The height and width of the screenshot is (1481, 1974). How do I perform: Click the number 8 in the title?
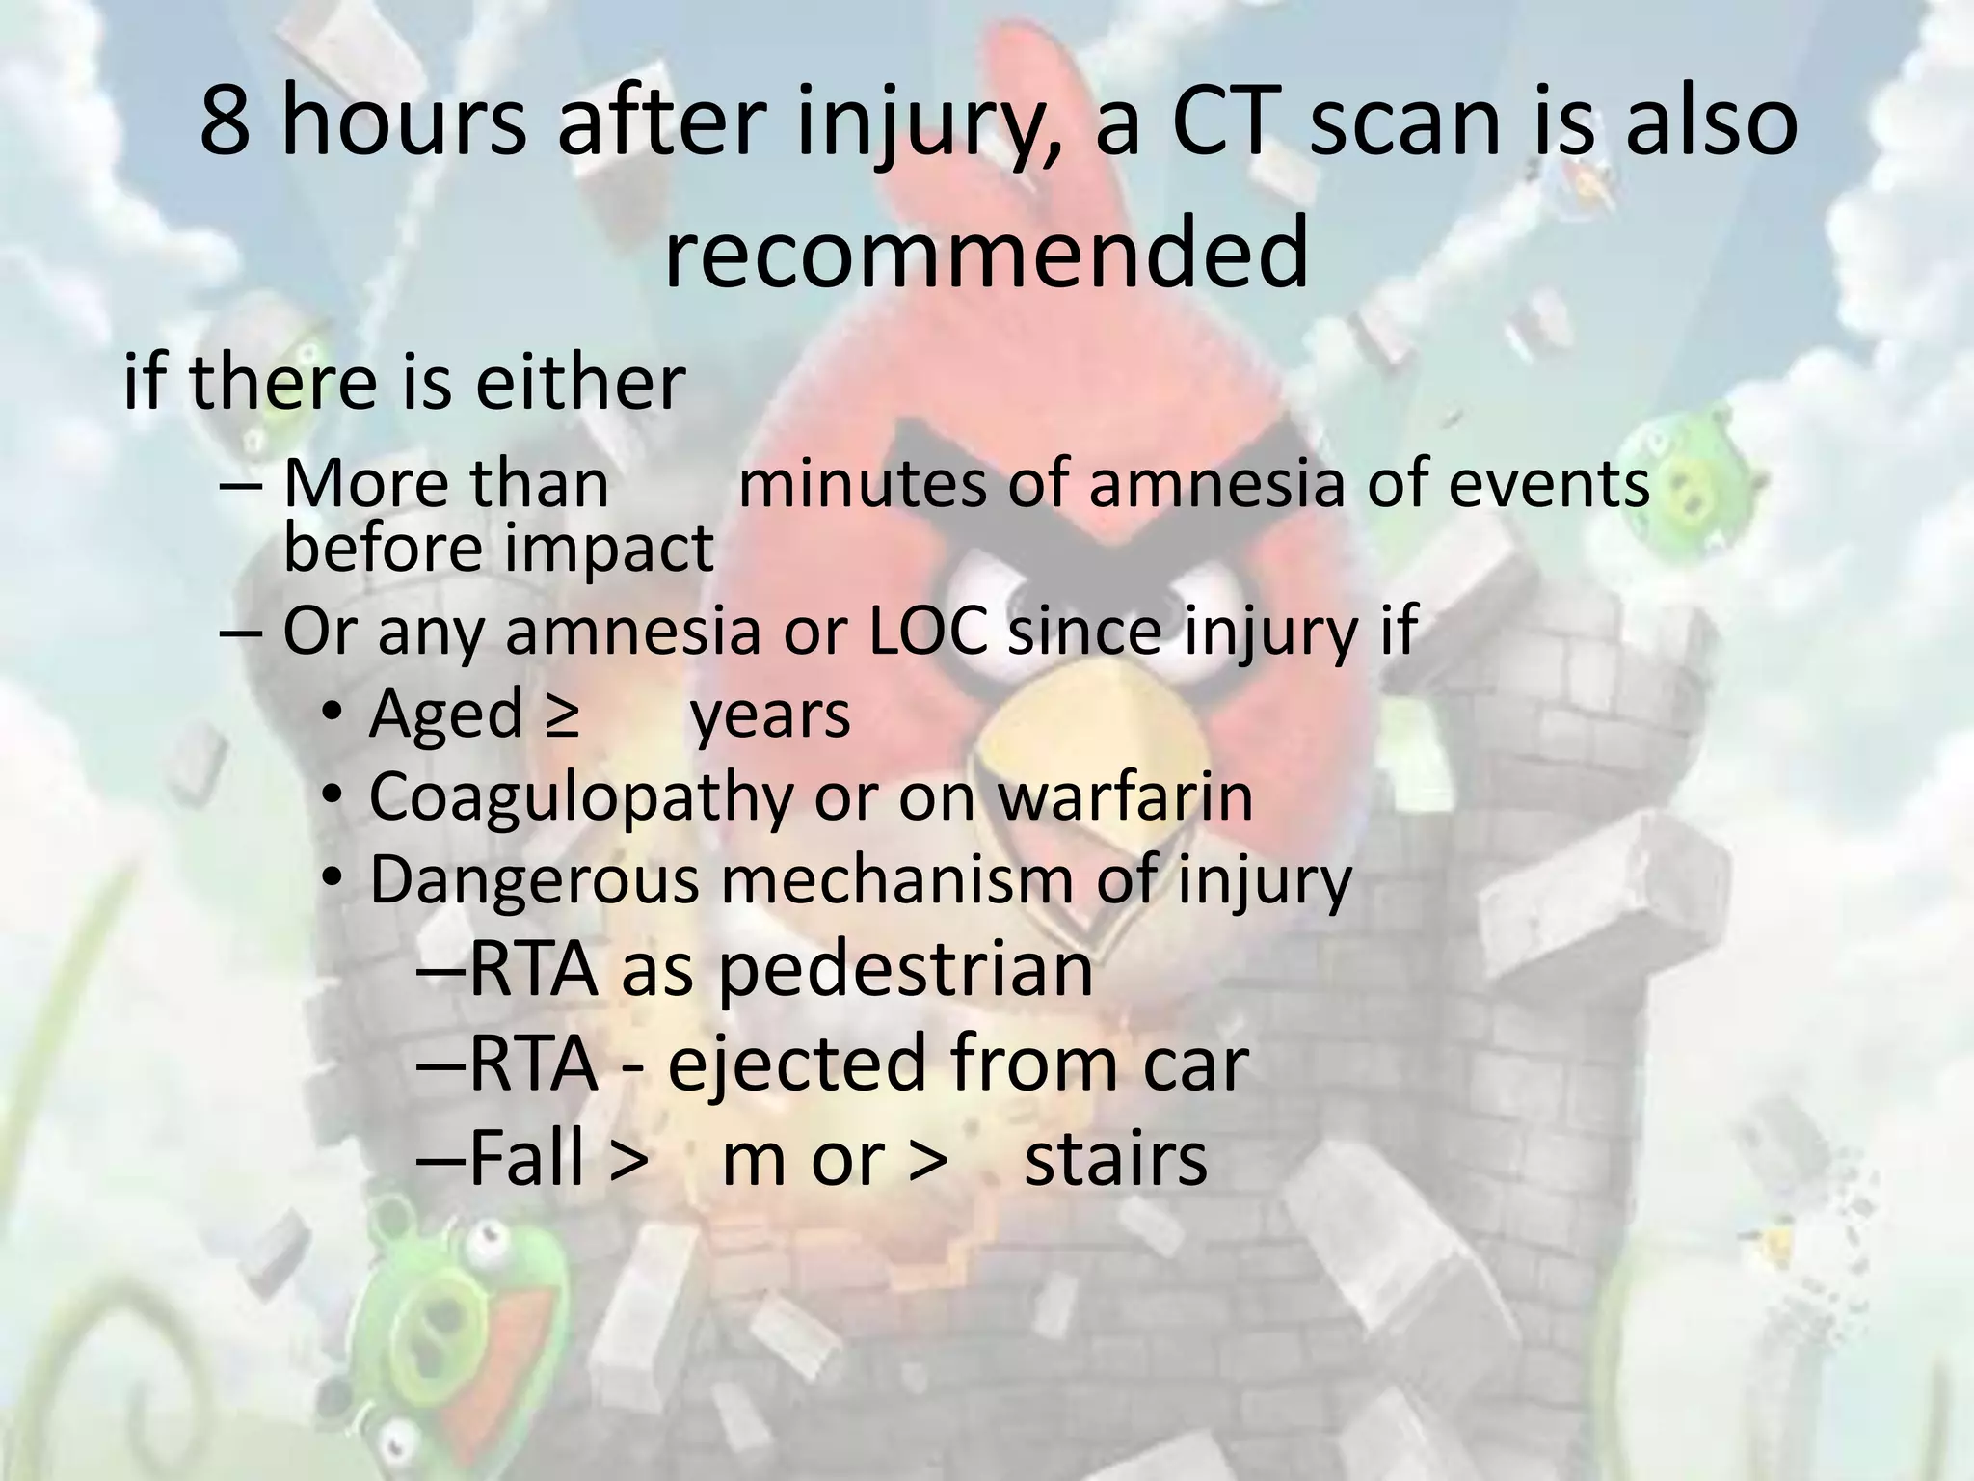tap(225, 125)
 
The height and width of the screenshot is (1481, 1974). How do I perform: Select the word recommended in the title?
tap(986, 253)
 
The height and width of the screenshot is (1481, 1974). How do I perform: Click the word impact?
tap(607, 548)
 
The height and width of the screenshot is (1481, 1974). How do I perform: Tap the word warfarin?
tap(1124, 796)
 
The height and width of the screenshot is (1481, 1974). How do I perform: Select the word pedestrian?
tap(905, 970)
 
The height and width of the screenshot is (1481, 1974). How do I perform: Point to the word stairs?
tap(1115, 1159)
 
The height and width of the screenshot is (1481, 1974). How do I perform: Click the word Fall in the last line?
tap(525, 1159)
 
